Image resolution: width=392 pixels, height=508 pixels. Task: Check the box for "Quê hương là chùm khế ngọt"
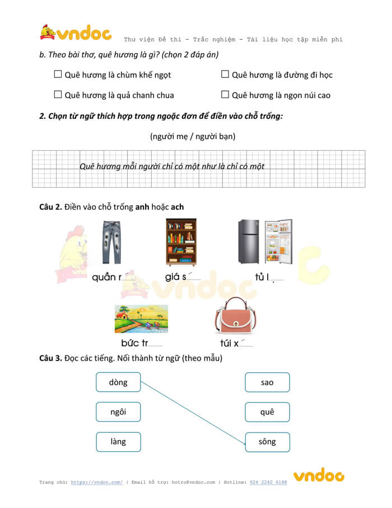coord(58,74)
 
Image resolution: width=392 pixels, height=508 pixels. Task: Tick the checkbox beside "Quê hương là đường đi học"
coord(225,74)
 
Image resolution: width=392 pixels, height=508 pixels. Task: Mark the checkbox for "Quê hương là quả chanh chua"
coord(58,94)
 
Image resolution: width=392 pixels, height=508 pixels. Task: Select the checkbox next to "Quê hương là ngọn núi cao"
coord(225,94)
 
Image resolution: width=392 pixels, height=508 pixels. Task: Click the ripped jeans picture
coord(111,242)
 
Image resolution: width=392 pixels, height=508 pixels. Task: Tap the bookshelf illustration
coord(181,242)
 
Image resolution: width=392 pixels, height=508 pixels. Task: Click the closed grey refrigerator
coord(248,241)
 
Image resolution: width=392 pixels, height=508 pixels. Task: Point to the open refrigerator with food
coord(278,241)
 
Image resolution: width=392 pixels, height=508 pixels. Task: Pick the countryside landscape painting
coord(142,319)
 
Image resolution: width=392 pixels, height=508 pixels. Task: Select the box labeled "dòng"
coord(119,382)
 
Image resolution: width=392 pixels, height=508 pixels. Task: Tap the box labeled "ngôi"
coord(119,412)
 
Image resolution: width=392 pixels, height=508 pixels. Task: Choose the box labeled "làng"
coord(119,442)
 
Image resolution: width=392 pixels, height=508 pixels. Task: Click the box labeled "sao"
coord(267,382)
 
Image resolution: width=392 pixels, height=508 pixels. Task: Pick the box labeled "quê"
coord(267,412)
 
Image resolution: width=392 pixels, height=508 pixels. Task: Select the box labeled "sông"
coord(267,442)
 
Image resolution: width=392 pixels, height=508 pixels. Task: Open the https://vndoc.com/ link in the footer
coord(97,482)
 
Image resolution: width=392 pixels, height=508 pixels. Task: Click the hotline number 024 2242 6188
coord(268,482)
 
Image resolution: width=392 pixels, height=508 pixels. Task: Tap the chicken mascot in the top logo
coord(48,32)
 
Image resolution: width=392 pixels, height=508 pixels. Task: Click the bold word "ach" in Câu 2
coord(177,207)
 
